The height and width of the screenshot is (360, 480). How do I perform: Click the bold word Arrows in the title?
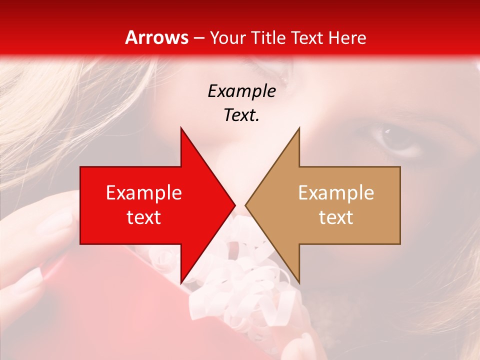[156, 37]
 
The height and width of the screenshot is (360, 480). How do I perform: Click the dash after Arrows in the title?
[198, 38]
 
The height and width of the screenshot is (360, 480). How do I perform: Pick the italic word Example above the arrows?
[241, 91]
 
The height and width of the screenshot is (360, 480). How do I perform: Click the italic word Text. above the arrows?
[241, 115]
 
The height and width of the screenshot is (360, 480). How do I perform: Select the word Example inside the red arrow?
[144, 193]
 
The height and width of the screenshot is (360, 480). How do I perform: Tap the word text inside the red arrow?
[144, 217]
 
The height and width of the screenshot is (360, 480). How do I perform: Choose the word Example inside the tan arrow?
[336, 193]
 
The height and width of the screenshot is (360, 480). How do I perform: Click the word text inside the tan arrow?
[336, 217]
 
